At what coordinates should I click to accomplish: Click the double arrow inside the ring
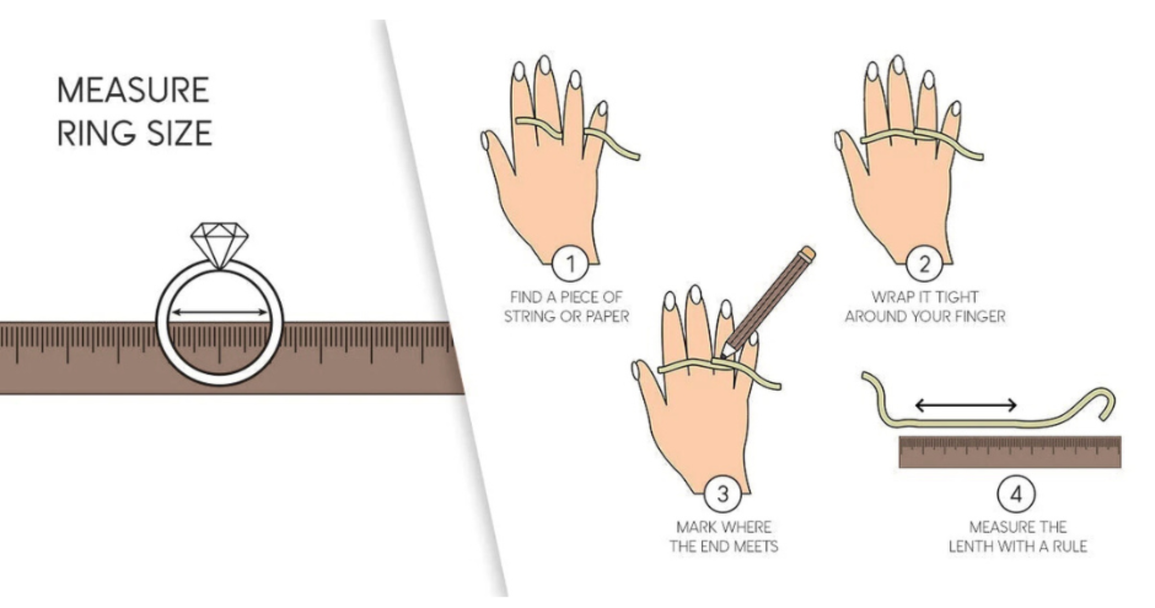click(220, 312)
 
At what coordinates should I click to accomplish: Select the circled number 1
click(570, 264)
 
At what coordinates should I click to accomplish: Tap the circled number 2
click(924, 264)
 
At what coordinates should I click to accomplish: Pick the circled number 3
click(722, 494)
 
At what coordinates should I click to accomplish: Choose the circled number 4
click(1016, 494)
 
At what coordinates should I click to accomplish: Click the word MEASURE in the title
click(133, 90)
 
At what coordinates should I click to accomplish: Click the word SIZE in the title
click(180, 133)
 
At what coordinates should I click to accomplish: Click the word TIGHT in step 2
click(956, 297)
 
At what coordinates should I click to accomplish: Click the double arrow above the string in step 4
click(966, 405)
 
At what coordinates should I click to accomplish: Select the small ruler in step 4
click(1010, 452)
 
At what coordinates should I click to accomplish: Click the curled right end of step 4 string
click(1106, 402)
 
